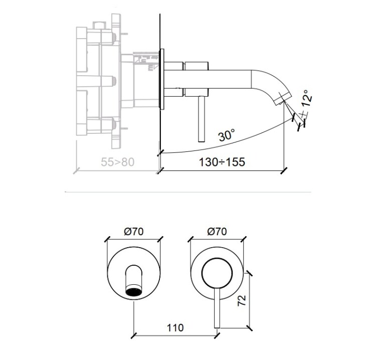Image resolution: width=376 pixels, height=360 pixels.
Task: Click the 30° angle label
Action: pos(227,135)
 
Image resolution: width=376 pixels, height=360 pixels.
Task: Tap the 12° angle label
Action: pos(307,98)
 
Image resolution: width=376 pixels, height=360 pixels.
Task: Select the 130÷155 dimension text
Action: pos(222,162)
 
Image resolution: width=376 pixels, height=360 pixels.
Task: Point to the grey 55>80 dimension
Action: pos(117,162)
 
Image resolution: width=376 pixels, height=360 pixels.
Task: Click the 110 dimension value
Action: pos(175,327)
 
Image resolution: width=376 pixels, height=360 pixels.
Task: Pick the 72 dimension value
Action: pos(242,300)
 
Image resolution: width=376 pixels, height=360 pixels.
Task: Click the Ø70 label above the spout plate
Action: pos(134,232)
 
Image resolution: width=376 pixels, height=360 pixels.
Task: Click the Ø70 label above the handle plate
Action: pos(217,232)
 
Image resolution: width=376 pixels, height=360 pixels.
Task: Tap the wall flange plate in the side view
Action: pos(162,79)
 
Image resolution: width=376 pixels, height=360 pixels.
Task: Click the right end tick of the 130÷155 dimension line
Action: pos(284,171)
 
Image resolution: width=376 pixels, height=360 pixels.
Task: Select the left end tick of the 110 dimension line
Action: pos(134,335)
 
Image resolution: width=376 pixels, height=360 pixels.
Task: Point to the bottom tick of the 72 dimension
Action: pos(249,328)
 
